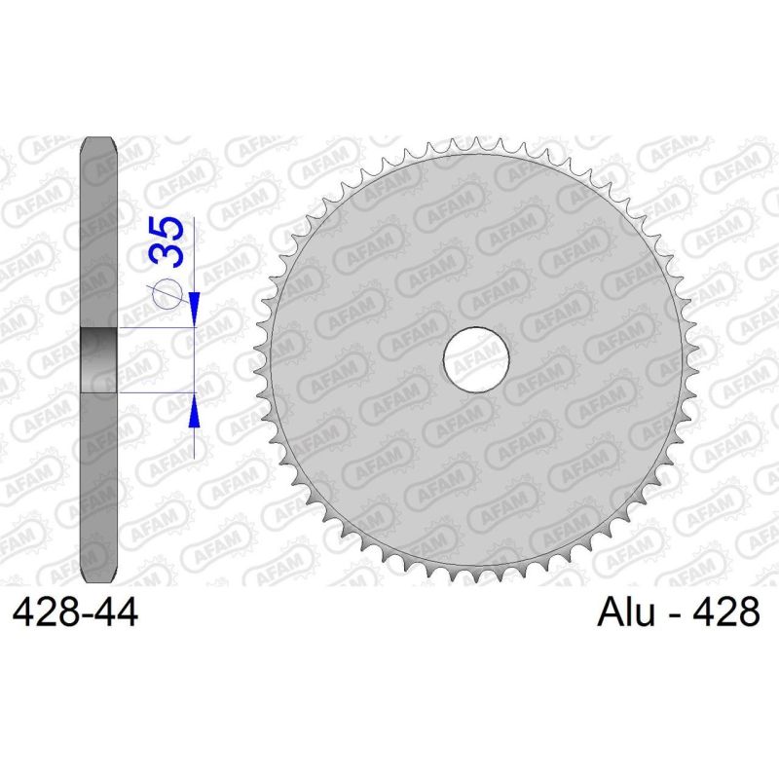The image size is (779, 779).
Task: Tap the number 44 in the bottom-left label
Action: tap(114, 613)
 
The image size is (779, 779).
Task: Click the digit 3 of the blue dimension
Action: tap(167, 258)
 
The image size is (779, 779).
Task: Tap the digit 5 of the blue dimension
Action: tap(167, 232)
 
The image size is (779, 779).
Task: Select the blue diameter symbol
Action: tap(167, 291)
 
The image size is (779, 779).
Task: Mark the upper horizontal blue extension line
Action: tap(156, 328)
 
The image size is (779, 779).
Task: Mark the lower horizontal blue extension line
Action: tap(156, 392)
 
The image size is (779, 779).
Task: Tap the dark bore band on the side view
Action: tap(98, 360)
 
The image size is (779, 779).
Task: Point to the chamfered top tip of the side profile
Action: tap(98, 142)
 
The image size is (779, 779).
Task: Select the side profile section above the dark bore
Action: tap(98, 234)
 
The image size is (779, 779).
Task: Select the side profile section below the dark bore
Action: tap(98, 487)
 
